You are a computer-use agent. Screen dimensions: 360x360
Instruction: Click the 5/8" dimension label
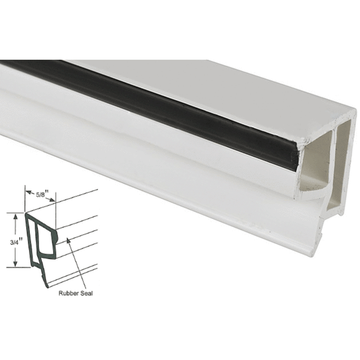point(41,194)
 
